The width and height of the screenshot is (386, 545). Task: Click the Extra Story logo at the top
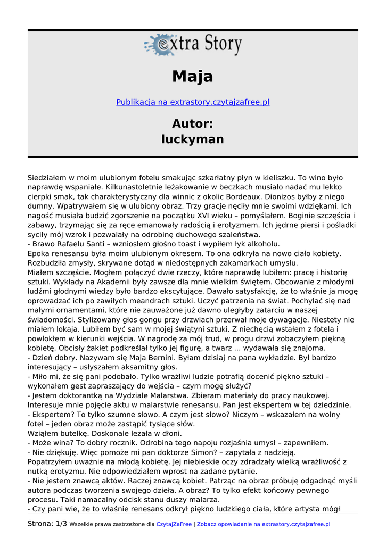(x=193, y=45)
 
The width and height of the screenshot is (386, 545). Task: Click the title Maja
(x=193, y=77)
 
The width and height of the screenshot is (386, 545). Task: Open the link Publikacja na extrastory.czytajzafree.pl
(x=193, y=102)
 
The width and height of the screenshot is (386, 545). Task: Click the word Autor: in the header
(x=193, y=123)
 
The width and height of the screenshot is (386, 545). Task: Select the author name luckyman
(x=193, y=139)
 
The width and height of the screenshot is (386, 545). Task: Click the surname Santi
(x=101, y=244)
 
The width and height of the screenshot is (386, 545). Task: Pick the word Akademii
(x=106, y=282)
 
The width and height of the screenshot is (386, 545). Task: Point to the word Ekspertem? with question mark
(x=54, y=415)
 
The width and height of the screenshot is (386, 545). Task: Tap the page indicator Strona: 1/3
(x=47, y=524)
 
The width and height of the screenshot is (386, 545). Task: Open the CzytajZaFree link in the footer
(x=174, y=524)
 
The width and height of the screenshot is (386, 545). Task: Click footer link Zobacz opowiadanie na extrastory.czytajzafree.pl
(x=264, y=524)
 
